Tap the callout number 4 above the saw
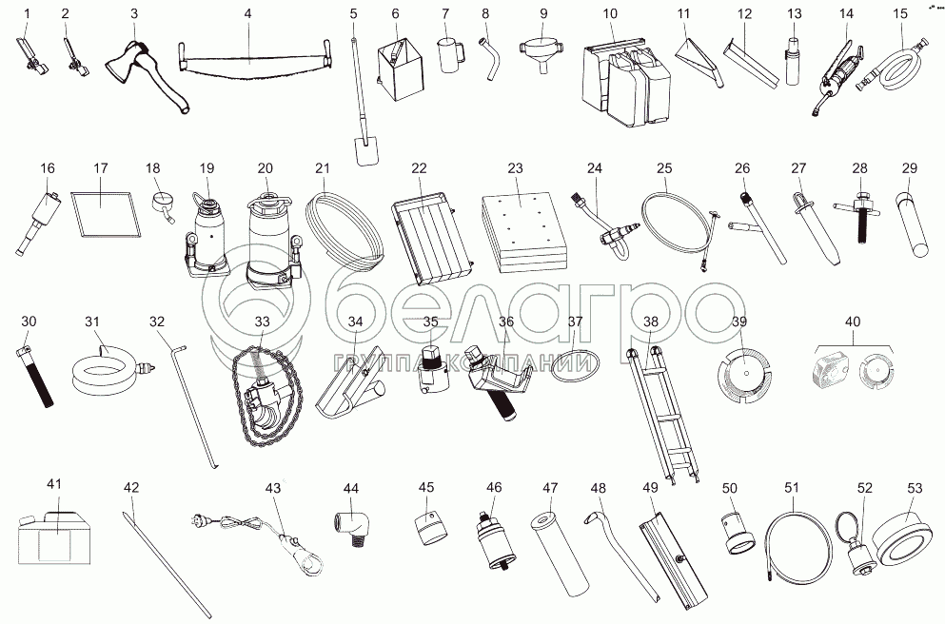click(x=248, y=13)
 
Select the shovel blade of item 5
click(x=365, y=150)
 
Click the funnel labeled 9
click(x=543, y=52)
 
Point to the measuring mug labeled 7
click(x=451, y=55)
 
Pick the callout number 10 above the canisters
click(x=610, y=13)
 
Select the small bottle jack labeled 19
click(x=207, y=235)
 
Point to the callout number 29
click(x=909, y=168)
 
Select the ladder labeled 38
click(x=661, y=416)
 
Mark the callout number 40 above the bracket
click(x=853, y=322)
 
